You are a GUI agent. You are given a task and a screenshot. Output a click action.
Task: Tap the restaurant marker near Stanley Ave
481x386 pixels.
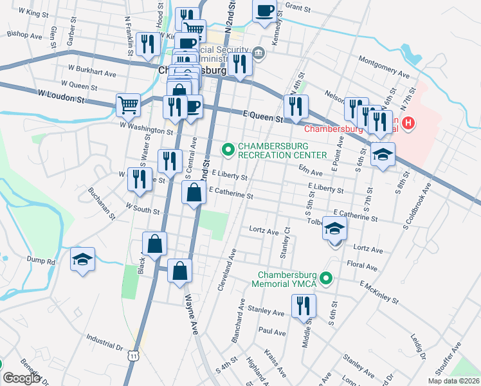pyautogui.click(x=304, y=306)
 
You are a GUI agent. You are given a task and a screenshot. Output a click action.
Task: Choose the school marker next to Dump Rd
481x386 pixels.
pyautogui.click(x=82, y=259)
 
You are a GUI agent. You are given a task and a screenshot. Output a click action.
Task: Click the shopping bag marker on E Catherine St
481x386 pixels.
pyautogui.click(x=194, y=192)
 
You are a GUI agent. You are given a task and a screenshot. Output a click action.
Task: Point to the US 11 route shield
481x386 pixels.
pyautogui.click(x=132, y=356)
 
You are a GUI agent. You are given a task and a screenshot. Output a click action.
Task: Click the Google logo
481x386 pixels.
pyautogui.click(x=21, y=378)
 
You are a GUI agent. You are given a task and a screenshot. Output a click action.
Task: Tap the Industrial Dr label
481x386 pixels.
pyautogui.click(x=104, y=341)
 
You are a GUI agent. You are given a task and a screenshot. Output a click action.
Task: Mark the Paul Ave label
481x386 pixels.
pyautogui.click(x=272, y=332)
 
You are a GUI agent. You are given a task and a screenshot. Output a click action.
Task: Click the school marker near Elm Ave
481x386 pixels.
pyautogui.click(x=382, y=154)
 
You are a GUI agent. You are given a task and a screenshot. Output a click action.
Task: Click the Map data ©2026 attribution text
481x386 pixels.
pyautogui.click(x=453, y=381)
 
